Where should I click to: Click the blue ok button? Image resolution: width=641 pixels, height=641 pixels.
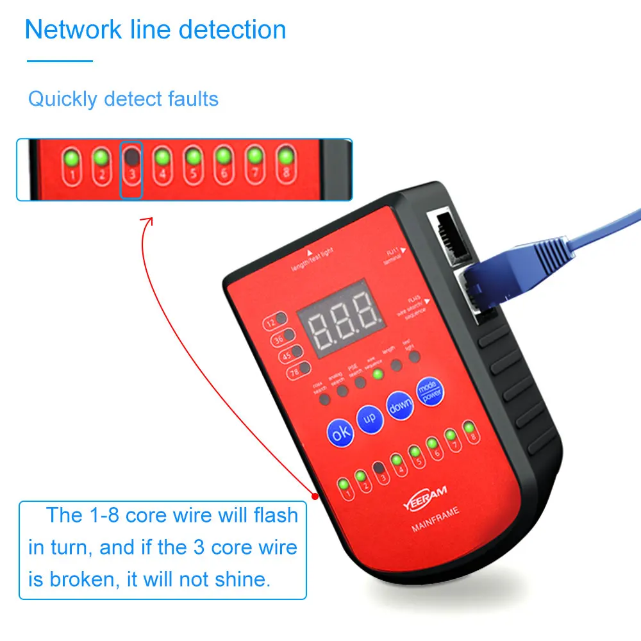pyautogui.click(x=341, y=431)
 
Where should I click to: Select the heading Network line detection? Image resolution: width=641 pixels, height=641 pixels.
pyautogui.click(x=155, y=30)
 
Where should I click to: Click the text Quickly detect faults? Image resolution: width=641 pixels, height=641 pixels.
pyautogui.click(x=123, y=99)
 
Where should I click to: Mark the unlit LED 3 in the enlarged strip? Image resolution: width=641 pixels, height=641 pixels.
pyautogui.click(x=131, y=165)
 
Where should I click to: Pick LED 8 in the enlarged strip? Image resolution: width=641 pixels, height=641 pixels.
pyautogui.click(x=285, y=165)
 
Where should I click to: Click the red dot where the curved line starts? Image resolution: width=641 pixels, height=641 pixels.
pyautogui.click(x=315, y=496)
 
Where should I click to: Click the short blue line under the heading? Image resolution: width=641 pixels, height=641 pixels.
pyautogui.click(x=60, y=62)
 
